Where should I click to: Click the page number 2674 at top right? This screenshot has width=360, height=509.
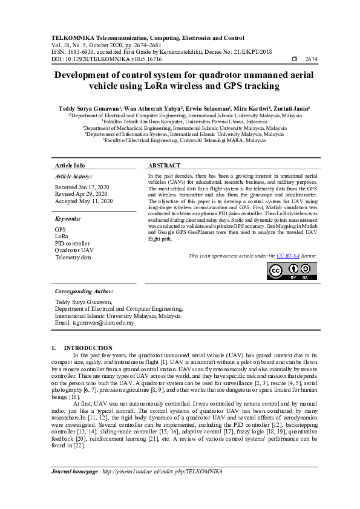pos(312,59)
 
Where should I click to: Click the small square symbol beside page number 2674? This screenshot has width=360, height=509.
pos(295,59)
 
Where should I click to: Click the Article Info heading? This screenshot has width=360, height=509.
pos(70,165)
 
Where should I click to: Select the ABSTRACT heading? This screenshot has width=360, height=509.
pos(165,165)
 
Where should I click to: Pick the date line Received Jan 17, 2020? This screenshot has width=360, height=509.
pos(82,187)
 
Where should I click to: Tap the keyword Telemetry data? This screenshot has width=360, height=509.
pos(73,258)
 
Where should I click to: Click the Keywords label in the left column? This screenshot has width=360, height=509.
pos(68,218)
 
